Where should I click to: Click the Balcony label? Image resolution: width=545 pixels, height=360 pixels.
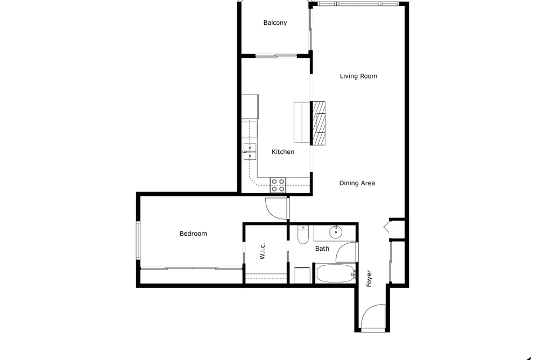click(x=275, y=23)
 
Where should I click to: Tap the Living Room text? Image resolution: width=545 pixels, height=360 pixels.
click(x=358, y=76)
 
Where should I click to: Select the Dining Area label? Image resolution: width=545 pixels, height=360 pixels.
click(x=357, y=183)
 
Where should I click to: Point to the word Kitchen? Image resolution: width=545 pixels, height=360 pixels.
click(x=283, y=152)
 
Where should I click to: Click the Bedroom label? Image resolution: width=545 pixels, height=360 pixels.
click(x=193, y=234)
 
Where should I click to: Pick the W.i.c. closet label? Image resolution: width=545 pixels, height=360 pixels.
click(x=263, y=251)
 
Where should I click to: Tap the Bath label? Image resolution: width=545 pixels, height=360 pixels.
click(x=322, y=249)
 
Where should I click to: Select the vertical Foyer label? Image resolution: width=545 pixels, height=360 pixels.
click(x=369, y=278)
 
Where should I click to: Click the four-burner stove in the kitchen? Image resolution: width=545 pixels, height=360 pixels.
click(x=278, y=185)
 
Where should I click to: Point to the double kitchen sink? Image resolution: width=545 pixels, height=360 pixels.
click(x=250, y=152)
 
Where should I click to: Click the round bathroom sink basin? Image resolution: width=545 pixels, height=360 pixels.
click(x=336, y=232)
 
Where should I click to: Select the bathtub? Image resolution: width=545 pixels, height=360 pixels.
click(x=335, y=274)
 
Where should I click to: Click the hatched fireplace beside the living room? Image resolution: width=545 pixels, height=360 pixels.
click(x=317, y=123)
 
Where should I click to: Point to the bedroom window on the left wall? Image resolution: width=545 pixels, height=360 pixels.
click(x=138, y=241)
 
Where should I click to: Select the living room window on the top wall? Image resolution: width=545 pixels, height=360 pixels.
click(x=358, y=4)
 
